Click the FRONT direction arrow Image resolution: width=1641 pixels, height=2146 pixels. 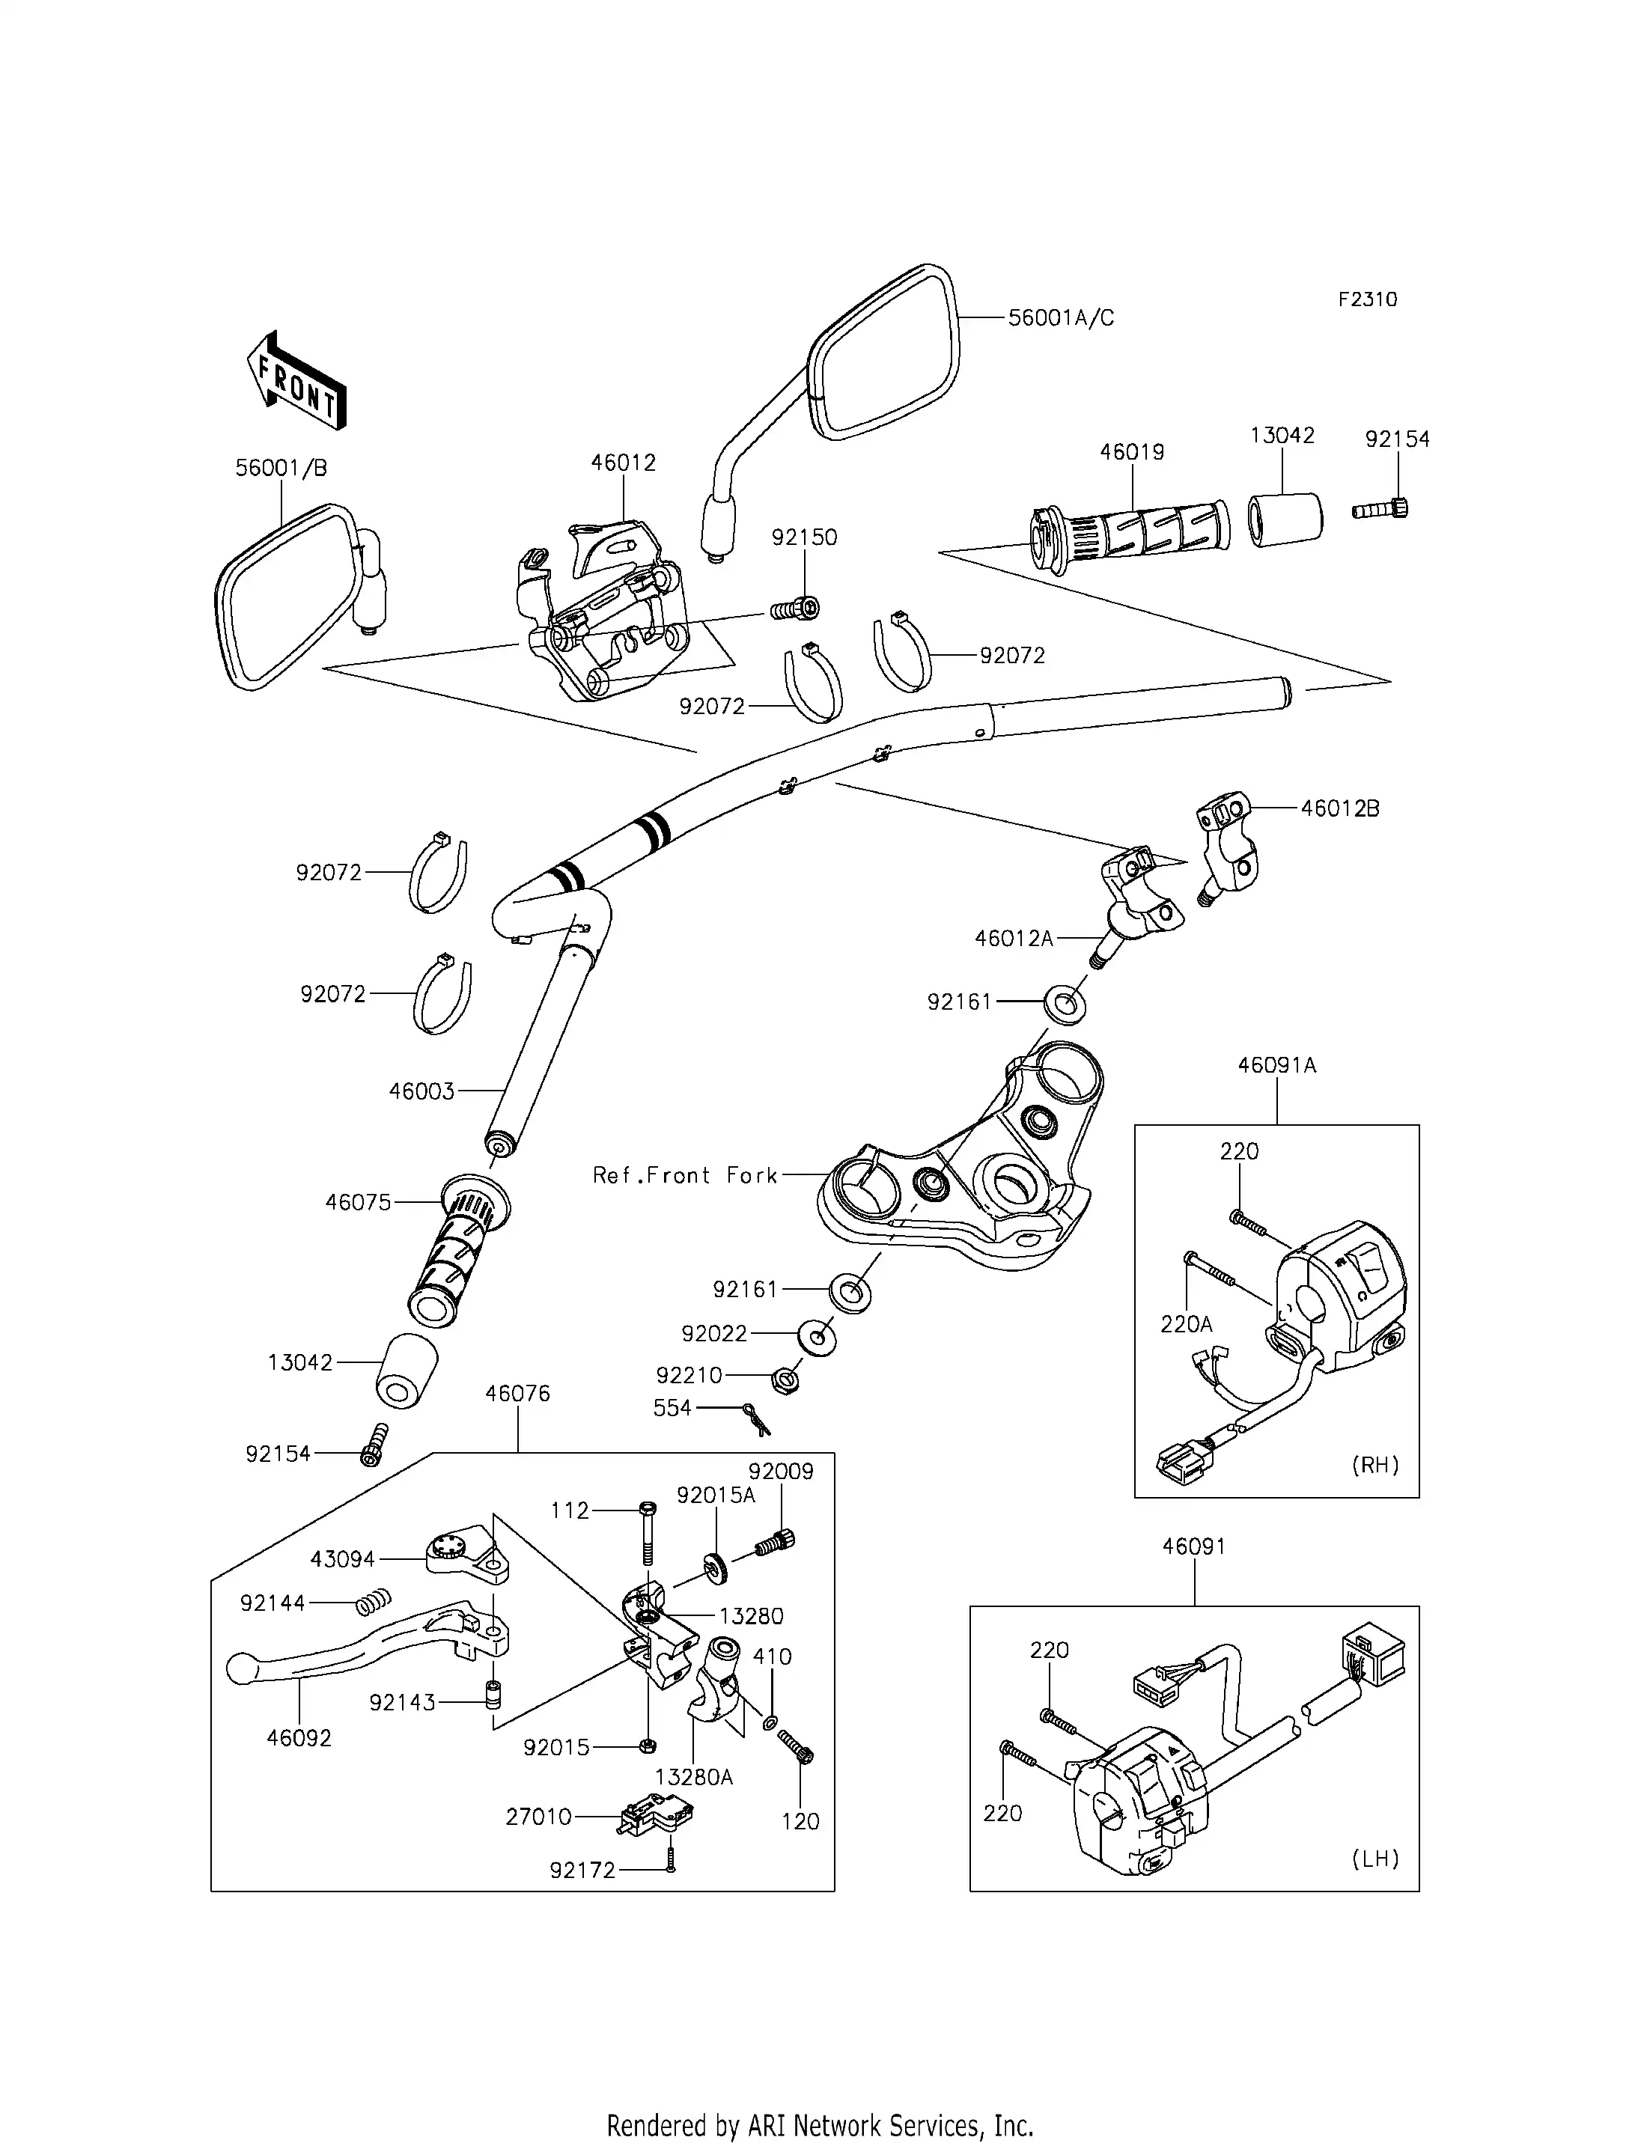click(296, 381)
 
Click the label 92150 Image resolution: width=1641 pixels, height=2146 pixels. click(804, 537)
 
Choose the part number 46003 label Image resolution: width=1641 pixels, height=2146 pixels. click(422, 1091)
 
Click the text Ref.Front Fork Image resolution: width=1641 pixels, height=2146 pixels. click(685, 1175)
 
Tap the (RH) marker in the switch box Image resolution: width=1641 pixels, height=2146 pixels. click(1374, 1465)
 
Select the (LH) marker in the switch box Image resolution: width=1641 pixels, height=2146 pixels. click(1374, 1859)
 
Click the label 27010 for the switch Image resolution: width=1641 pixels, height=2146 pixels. click(538, 1816)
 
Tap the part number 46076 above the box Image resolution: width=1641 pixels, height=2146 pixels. click(518, 1394)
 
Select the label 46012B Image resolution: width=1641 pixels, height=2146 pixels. click(1339, 809)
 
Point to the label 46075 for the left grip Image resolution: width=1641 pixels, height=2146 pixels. click(359, 1202)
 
